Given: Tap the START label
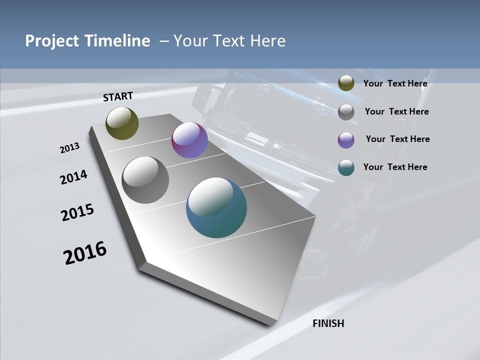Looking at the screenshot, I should click(x=118, y=96).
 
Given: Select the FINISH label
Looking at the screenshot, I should click(x=328, y=323).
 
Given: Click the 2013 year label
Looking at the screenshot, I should click(x=69, y=148).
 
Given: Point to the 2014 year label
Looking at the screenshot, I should click(x=74, y=177).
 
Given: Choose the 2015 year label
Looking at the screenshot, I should click(x=77, y=212).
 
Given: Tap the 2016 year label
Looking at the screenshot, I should click(x=85, y=253).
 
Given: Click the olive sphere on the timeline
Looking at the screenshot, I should click(x=122, y=123).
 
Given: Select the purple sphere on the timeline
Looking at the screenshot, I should click(x=189, y=140).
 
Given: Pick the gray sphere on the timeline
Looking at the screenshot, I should click(x=145, y=180).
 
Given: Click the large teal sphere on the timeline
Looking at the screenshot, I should click(x=216, y=207).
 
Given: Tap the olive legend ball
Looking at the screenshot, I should click(x=346, y=83).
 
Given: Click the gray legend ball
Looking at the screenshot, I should click(x=346, y=112).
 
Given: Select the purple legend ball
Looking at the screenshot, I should click(x=346, y=140).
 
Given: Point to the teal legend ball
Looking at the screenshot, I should click(x=346, y=167).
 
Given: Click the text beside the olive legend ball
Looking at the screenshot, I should click(x=395, y=83).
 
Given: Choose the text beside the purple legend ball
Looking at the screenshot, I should click(x=397, y=139).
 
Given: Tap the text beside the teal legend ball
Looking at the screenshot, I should click(x=395, y=167).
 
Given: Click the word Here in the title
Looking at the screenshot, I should click(x=267, y=41).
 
